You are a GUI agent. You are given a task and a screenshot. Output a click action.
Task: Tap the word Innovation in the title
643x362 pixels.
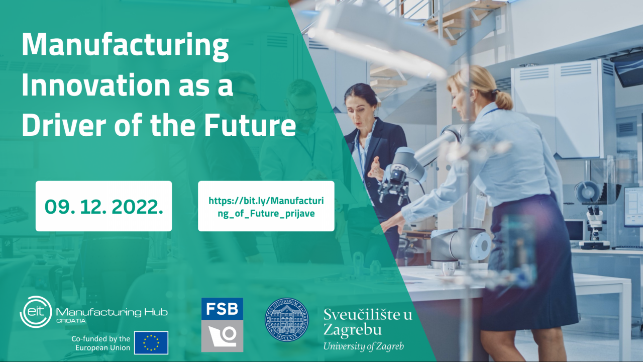coord(96,85)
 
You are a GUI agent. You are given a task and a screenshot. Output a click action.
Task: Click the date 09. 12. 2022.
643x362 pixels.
coord(103,207)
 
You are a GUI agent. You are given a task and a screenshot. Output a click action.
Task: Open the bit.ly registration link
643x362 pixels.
coord(266,207)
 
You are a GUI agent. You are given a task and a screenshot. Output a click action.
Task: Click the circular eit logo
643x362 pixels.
coord(36,312)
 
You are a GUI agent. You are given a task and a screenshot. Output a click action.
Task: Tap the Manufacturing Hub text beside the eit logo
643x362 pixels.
coord(112,313)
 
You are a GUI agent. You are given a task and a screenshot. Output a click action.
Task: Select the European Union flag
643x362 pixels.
coord(151,343)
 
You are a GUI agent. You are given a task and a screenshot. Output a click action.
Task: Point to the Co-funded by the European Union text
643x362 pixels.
coord(101,343)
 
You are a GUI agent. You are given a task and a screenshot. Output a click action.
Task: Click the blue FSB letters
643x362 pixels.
coord(222,309)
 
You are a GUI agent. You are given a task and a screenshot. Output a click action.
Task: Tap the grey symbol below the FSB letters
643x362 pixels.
coord(222,336)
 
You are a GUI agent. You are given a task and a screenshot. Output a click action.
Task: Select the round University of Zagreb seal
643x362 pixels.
coord(287,319)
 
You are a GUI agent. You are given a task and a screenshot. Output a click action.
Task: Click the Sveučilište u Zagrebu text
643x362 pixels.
coord(368,322)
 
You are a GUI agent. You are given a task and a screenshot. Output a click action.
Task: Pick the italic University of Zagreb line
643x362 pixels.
coord(363,346)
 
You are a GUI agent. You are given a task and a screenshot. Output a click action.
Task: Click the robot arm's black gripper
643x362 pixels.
coord(393,191)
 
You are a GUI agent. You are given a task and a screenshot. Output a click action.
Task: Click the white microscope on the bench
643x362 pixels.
coord(594,227)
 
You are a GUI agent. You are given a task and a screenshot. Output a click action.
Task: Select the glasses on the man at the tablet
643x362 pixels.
coord(304,110)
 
